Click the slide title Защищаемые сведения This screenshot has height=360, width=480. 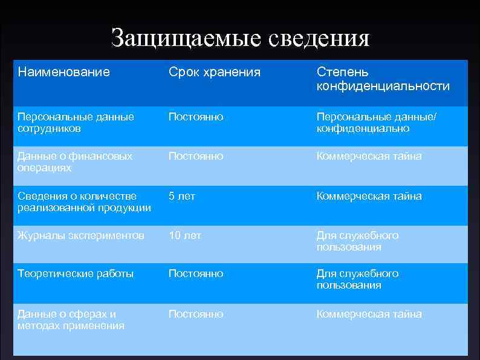click(x=240, y=38)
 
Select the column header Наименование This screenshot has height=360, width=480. click(x=63, y=73)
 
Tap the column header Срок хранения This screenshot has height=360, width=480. click(x=215, y=73)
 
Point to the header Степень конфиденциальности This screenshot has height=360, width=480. click(x=383, y=79)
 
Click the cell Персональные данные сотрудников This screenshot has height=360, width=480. click(x=76, y=122)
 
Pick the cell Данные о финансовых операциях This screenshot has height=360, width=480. click(x=75, y=162)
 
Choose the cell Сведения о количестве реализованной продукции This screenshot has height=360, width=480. click(x=84, y=202)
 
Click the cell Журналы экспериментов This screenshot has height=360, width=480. click(x=81, y=235)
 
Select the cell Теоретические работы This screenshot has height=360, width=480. click(x=76, y=273)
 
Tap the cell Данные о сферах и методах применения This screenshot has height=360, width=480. click(x=71, y=319)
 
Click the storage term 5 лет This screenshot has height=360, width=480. click(x=182, y=196)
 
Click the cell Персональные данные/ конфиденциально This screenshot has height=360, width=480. click(x=375, y=122)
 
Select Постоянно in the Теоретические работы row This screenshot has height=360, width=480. click(x=196, y=273)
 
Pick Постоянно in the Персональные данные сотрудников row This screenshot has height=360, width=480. click(x=196, y=116)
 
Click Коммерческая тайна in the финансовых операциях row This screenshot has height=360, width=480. click(x=369, y=156)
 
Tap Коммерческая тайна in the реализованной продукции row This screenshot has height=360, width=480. click(x=369, y=196)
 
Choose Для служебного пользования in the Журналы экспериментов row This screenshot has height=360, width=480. click(x=358, y=241)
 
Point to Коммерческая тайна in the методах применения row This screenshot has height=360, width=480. click(x=369, y=314)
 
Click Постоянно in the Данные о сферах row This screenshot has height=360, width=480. click(x=196, y=314)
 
